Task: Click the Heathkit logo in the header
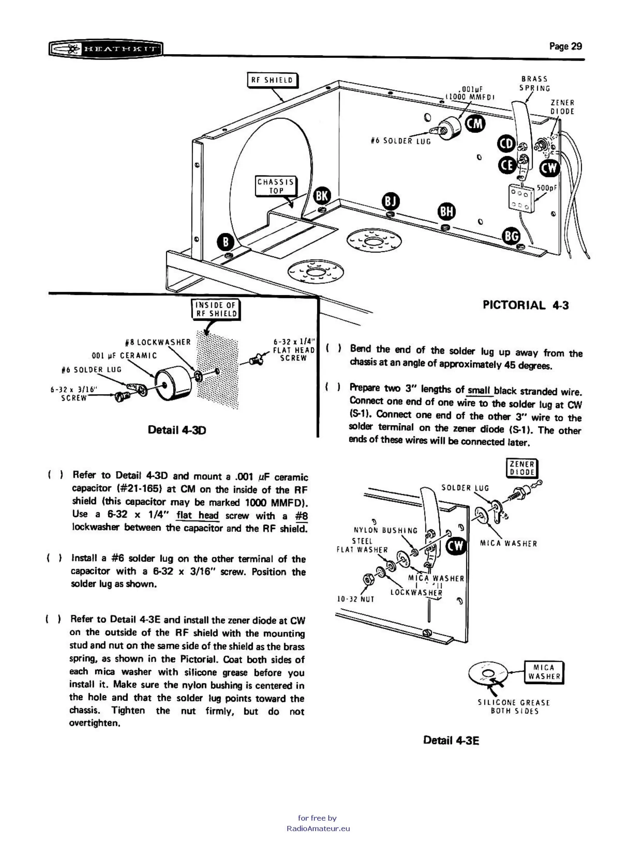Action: pyautogui.click(x=106, y=49)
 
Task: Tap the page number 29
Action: pyautogui.click(x=565, y=47)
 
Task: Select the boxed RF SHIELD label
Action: pyautogui.click(x=272, y=80)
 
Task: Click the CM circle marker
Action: pyautogui.click(x=475, y=124)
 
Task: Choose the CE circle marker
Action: pyautogui.click(x=508, y=165)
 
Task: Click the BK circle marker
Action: pyautogui.click(x=322, y=196)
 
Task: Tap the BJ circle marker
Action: pyautogui.click(x=390, y=201)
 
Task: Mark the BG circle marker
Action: pyautogui.click(x=511, y=237)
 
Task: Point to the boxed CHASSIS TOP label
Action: pyautogui.click(x=276, y=186)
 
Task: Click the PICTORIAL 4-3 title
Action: pyautogui.click(x=526, y=305)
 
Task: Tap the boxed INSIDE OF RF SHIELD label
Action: pyautogui.click(x=216, y=309)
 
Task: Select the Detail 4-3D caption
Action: pyautogui.click(x=177, y=430)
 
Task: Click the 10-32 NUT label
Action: pyautogui.click(x=356, y=599)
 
